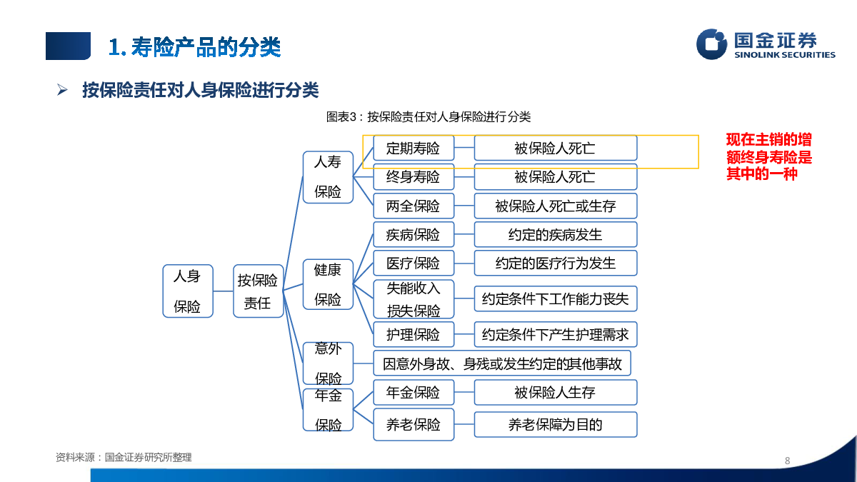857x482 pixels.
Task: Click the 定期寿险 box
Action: (414, 149)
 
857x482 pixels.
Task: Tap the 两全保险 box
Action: (414, 206)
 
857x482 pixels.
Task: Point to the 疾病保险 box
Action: (414, 235)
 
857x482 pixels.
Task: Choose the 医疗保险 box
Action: (414, 263)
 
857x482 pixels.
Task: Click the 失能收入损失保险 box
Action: (414, 299)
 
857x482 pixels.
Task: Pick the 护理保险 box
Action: (414, 334)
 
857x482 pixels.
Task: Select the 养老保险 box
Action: (414, 425)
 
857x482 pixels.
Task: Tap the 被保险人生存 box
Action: (555, 393)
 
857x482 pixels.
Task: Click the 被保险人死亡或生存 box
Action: (555, 206)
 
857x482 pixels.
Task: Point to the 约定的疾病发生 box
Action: (555, 235)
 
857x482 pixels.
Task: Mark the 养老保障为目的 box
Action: (555, 425)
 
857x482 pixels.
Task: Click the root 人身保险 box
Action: (187, 291)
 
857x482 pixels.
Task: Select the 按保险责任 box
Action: (258, 291)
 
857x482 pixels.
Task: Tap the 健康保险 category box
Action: (328, 284)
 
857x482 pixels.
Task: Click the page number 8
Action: (787, 461)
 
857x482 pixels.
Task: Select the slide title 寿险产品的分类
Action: (195, 47)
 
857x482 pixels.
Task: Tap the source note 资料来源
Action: (124, 457)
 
